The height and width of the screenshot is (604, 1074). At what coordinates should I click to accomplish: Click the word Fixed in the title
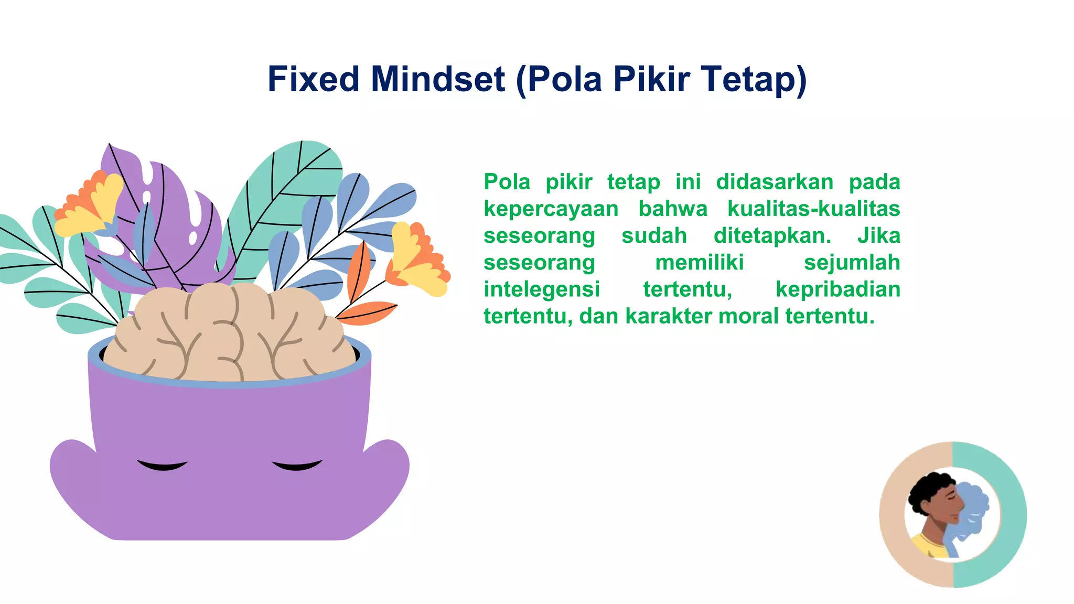[313, 79]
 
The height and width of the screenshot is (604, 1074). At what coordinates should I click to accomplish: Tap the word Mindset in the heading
[438, 79]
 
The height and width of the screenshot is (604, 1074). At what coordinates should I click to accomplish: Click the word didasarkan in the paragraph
[775, 182]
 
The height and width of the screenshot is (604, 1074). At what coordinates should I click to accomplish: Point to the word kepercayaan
[551, 209]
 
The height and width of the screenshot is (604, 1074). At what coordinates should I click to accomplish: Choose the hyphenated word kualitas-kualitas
[813, 209]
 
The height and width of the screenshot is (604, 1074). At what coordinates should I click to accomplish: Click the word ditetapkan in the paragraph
[772, 235]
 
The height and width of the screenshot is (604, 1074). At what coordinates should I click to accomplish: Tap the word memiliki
[699, 262]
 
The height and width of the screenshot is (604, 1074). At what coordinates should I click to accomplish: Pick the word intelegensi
[541, 289]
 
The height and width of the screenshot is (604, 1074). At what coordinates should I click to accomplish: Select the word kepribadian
[837, 289]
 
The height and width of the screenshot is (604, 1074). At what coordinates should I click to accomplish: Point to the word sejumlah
[852, 262]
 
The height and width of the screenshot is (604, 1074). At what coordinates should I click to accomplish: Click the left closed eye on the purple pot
[162, 465]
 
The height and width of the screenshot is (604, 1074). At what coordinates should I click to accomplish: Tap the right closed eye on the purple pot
[297, 465]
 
